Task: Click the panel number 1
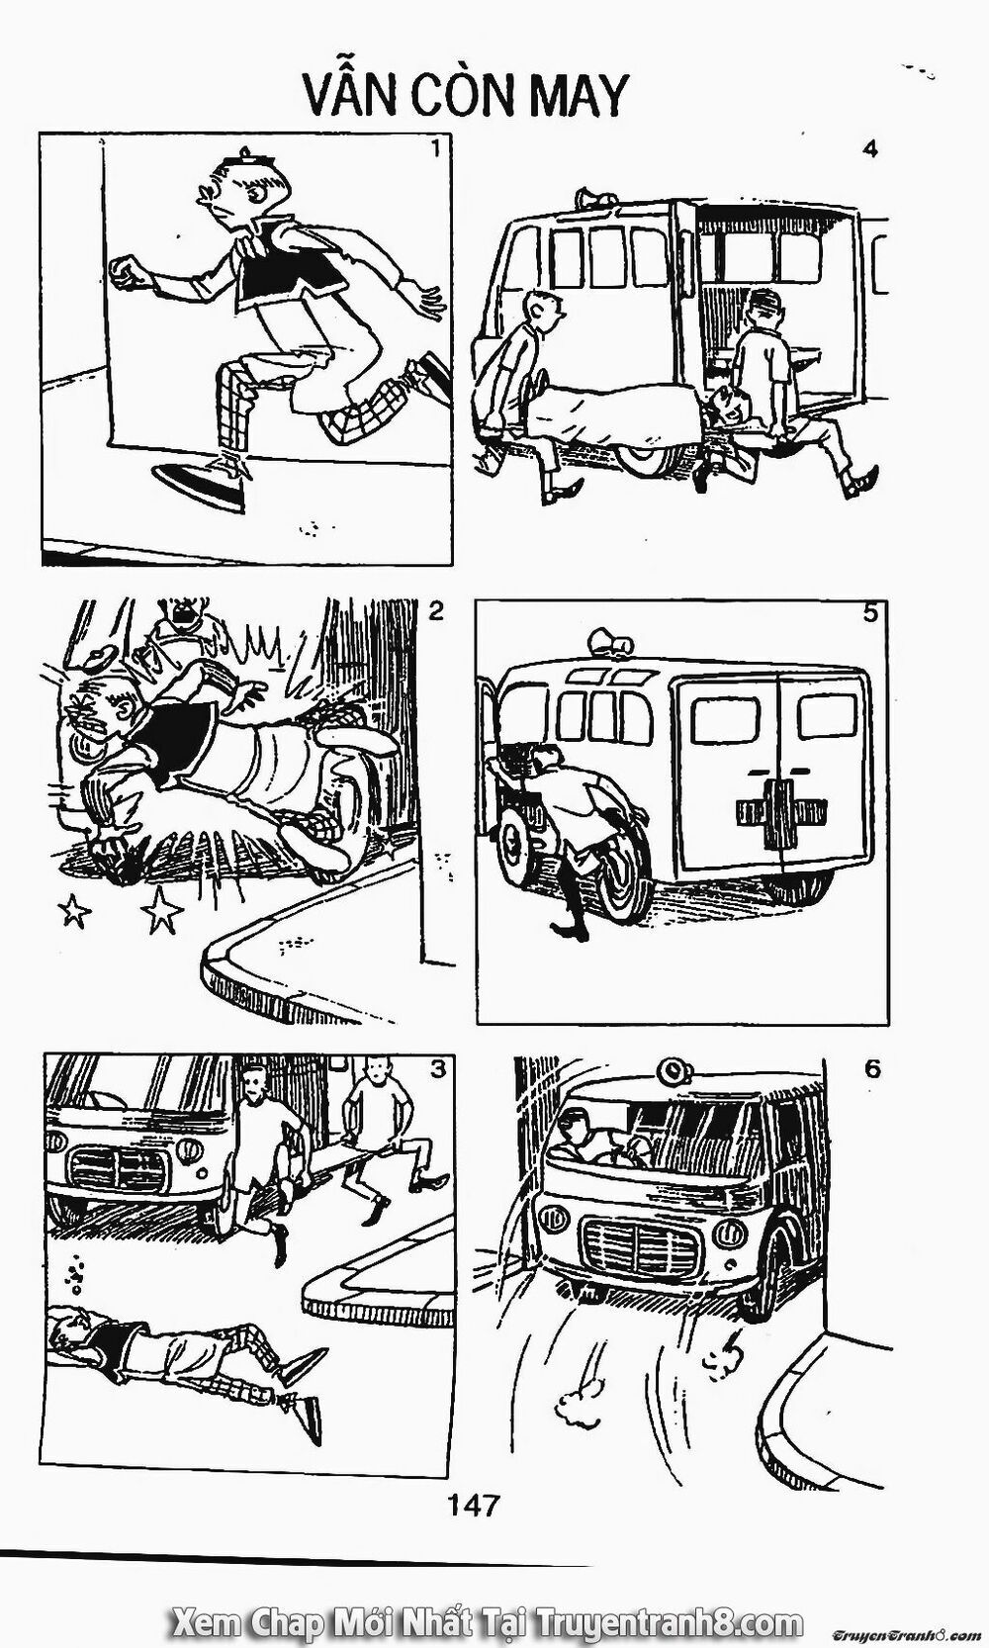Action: (x=436, y=149)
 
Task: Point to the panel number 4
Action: (x=870, y=149)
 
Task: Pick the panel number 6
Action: (x=872, y=1069)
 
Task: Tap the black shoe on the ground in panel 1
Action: (x=199, y=487)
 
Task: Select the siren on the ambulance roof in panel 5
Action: (x=611, y=642)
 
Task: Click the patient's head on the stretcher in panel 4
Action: (x=727, y=408)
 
